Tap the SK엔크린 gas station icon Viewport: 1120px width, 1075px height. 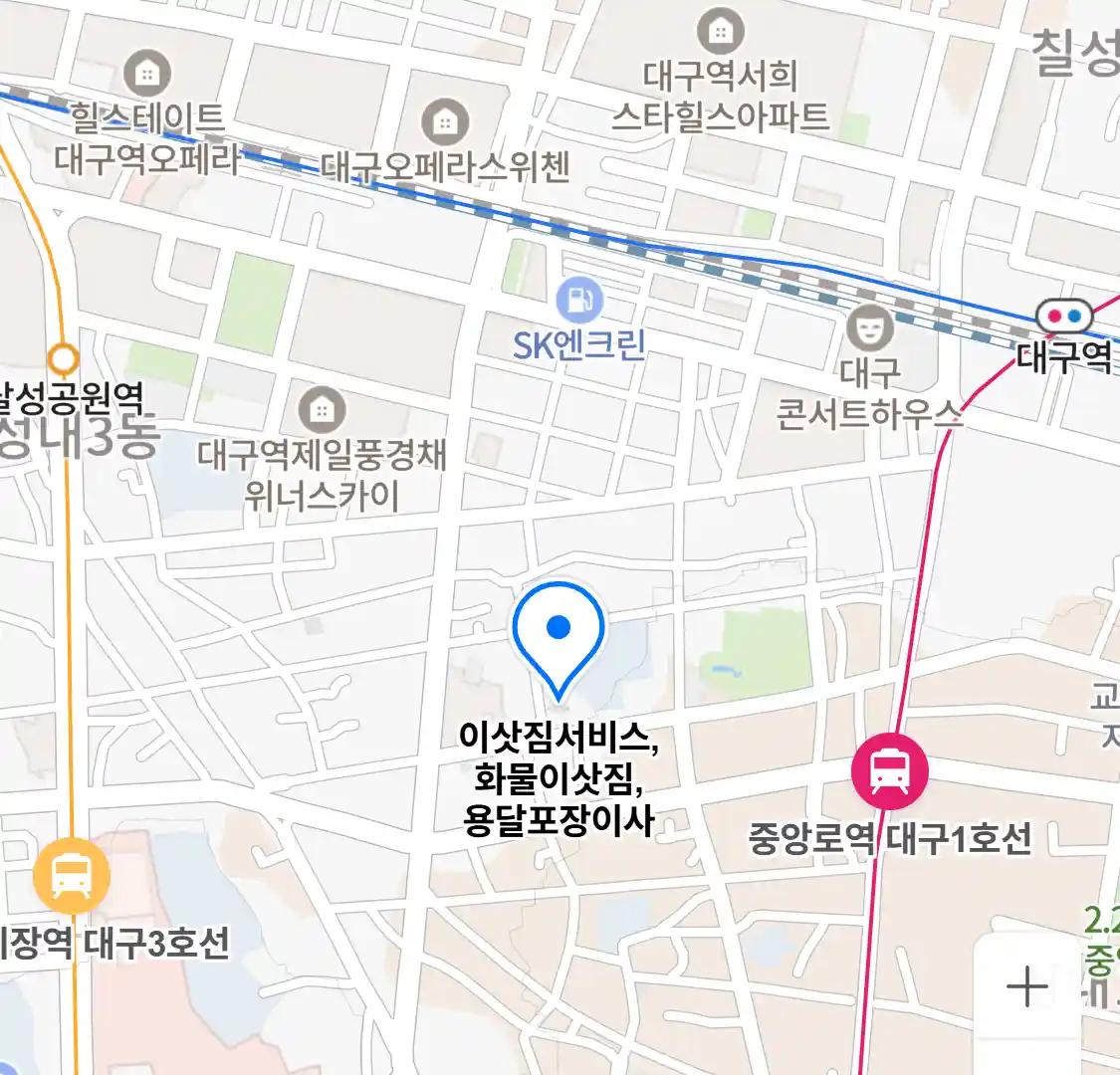pyautogui.click(x=578, y=299)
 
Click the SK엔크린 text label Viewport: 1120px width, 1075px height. pyautogui.click(x=579, y=345)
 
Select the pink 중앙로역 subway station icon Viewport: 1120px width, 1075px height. pyautogui.click(x=889, y=770)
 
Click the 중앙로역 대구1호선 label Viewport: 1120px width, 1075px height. pyautogui.click(x=890, y=838)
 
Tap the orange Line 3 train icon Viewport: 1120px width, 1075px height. pyautogui.click(x=71, y=875)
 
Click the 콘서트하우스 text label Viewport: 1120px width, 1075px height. pyautogui.click(x=869, y=412)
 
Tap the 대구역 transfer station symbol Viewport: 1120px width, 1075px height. pyautogui.click(x=1064, y=318)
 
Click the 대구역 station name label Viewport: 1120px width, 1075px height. pyautogui.click(x=1064, y=355)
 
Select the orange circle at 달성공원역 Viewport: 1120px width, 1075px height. pyautogui.click(x=64, y=357)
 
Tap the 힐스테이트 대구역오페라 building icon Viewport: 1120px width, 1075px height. pyautogui.click(x=147, y=73)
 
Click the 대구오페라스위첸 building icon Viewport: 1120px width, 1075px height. pyautogui.click(x=444, y=122)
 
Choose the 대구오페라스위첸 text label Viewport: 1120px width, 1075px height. pyautogui.click(x=445, y=167)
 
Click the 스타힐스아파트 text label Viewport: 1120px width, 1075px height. pyautogui.click(x=720, y=116)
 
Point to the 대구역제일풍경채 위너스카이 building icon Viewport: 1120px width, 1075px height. pyautogui.click(x=321, y=408)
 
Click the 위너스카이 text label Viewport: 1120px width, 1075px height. pyautogui.click(x=321, y=495)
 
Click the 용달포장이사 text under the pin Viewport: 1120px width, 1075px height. pyautogui.click(x=559, y=820)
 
